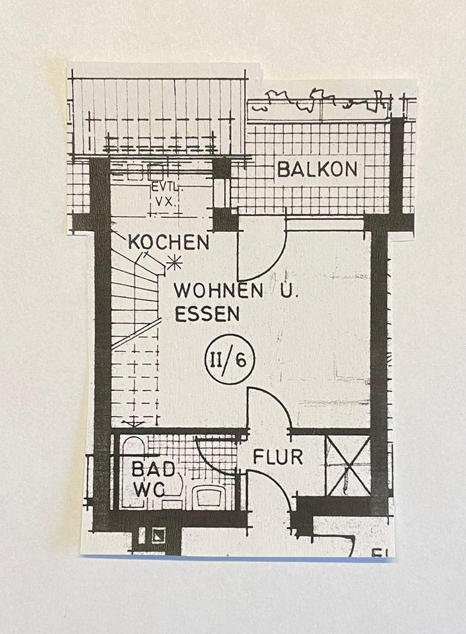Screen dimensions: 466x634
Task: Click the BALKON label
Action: tap(317, 169)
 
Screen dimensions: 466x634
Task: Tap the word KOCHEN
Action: tap(168, 242)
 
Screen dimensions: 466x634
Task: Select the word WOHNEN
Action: tap(217, 291)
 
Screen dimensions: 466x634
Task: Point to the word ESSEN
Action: tap(207, 314)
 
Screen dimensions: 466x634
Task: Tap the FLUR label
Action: tap(278, 456)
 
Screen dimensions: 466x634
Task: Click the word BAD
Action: tap(153, 470)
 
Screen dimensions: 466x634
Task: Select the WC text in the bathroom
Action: tap(149, 489)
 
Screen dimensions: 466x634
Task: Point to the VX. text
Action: tap(165, 201)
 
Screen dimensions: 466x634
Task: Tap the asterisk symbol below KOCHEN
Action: tap(175, 264)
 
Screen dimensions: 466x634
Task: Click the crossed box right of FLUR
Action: tap(347, 466)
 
